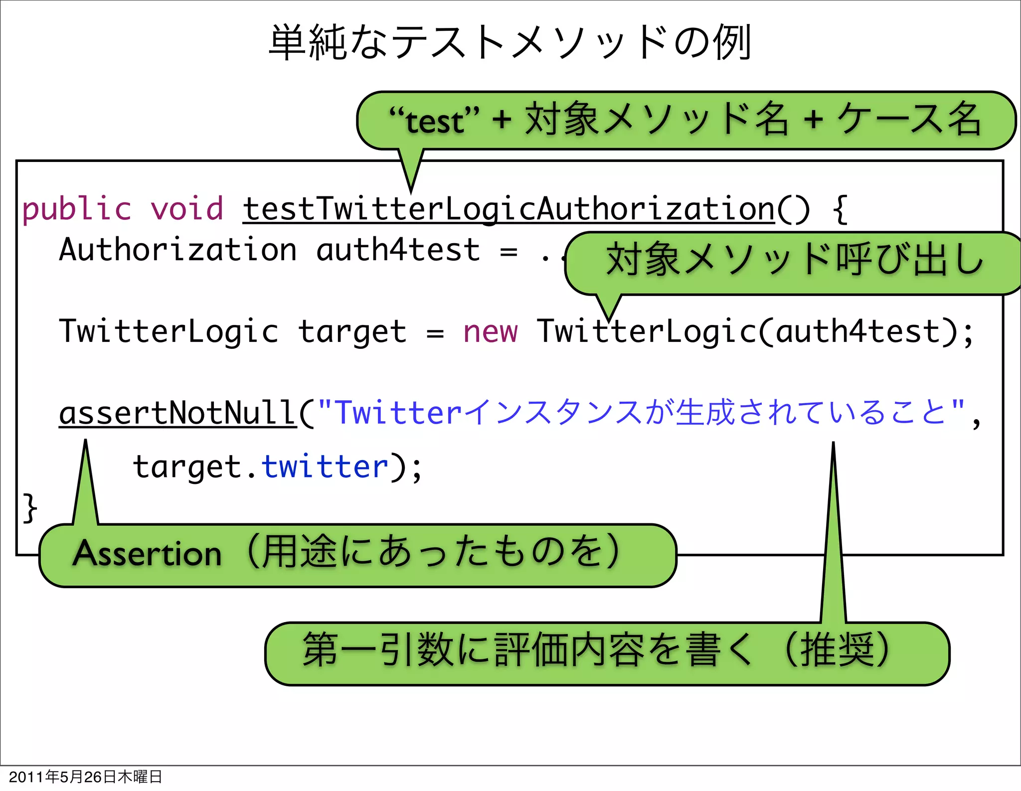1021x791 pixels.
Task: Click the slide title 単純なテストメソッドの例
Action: click(x=510, y=43)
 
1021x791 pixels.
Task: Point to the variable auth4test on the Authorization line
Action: click(x=398, y=250)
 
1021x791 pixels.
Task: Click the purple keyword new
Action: click(x=490, y=331)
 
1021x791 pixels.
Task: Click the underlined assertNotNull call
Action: click(x=177, y=413)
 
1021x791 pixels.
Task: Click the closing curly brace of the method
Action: click(x=30, y=508)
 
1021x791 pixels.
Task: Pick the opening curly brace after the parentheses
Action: click(x=840, y=209)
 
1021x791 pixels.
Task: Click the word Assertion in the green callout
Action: click(x=148, y=554)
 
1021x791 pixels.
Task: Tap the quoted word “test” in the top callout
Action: click(x=434, y=121)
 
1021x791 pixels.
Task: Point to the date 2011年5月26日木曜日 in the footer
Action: click(x=85, y=777)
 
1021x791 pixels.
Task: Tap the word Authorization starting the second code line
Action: click(x=177, y=250)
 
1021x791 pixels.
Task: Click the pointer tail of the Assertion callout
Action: click(x=86, y=483)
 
